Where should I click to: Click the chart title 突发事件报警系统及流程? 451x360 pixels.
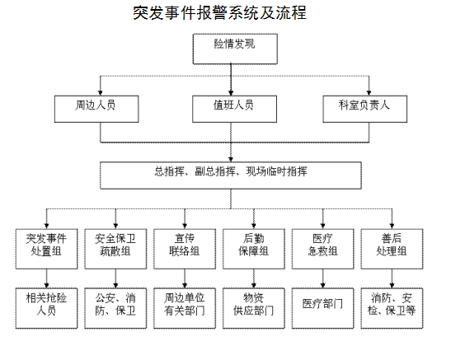[220, 13]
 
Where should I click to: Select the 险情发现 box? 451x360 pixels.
[235, 49]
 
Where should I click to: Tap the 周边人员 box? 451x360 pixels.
[96, 109]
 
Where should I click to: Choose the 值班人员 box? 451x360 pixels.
[234, 109]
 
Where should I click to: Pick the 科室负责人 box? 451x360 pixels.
[364, 109]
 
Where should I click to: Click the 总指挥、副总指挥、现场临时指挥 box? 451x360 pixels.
[231, 175]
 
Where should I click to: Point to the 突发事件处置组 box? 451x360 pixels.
[47, 249]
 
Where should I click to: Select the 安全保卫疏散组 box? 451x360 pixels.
[115, 249]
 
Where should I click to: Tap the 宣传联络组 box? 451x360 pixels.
[185, 249]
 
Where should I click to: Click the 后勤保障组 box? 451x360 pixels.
[254, 249]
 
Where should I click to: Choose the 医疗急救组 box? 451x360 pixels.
[322, 249]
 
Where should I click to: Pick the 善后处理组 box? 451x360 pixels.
[392, 249]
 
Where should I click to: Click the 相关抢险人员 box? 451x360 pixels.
[47, 308]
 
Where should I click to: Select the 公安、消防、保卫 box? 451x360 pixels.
[115, 308]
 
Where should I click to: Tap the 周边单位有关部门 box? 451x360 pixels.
[185, 308]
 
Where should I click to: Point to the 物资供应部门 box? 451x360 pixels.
[254, 308]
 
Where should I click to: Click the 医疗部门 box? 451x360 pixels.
[322, 308]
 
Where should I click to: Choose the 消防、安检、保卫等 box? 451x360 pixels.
[392, 308]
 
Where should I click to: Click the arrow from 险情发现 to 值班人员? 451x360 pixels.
[231, 80]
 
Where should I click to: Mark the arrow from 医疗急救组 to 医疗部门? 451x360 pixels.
[322, 278]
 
